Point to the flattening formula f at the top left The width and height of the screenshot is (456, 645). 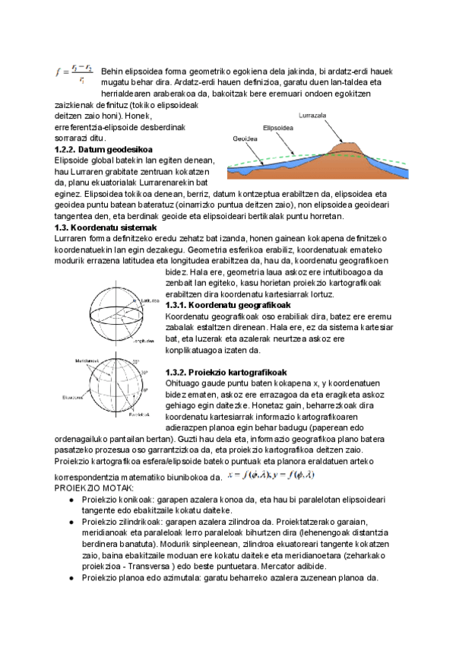coord(74,73)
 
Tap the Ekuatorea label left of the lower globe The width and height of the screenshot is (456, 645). coord(73,396)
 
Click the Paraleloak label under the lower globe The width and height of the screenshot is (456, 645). coord(138,415)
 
